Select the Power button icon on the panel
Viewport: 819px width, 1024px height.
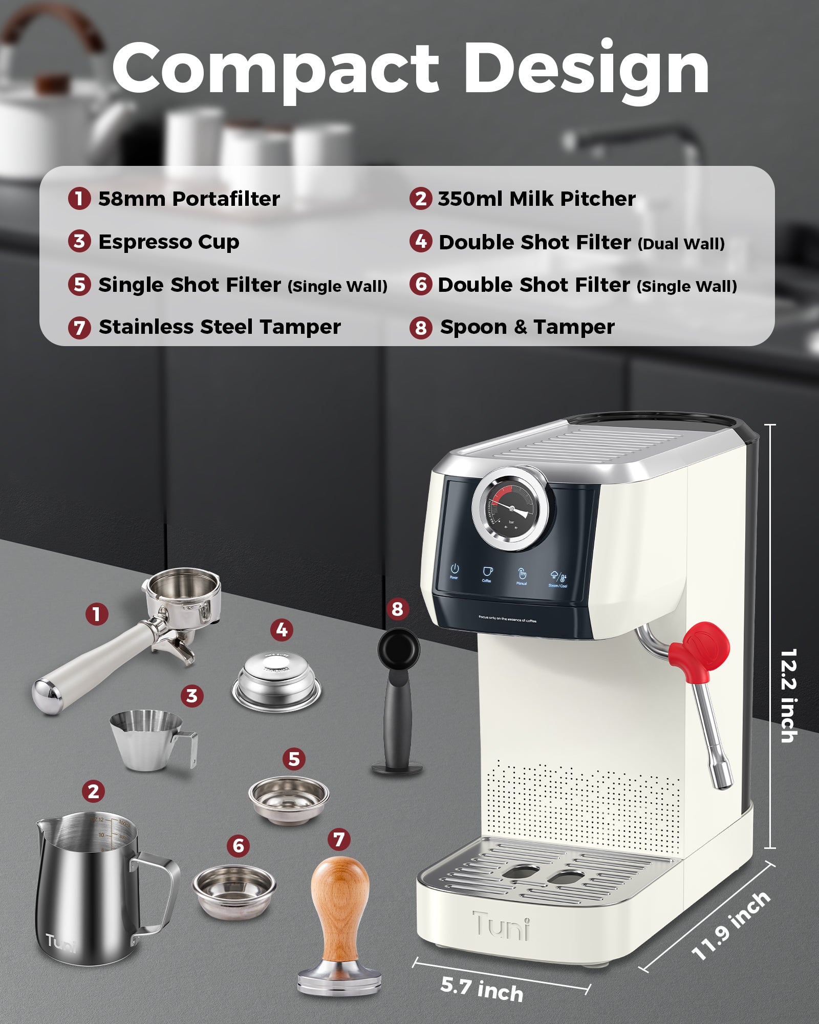click(x=454, y=569)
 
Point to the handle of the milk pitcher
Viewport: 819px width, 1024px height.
click(x=159, y=891)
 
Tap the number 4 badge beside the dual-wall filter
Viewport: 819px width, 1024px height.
click(x=282, y=630)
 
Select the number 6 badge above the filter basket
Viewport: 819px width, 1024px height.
click(x=239, y=846)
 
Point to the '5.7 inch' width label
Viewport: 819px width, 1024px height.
click(x=482, y=989)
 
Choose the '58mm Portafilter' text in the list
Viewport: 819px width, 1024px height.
click(x=189, y=199)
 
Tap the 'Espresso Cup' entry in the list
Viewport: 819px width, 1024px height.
click(x=168, y=242)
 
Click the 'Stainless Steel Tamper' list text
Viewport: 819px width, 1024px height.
click(x=220, y=327)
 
